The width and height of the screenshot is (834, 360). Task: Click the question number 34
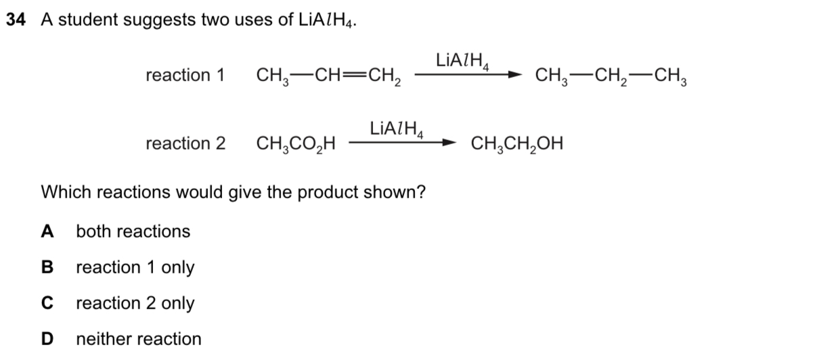click(x=16, y=20)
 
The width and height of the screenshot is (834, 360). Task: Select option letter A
click(x=47, y=231)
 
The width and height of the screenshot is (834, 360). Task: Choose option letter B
click(x=47, y=267)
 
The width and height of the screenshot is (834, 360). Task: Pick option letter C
click(x=47, y=302)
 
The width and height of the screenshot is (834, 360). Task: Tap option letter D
click(x=47, y=339)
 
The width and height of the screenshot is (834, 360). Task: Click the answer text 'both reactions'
click(x=133, y=231)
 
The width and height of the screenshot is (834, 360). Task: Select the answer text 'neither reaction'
click(x=139, y=339)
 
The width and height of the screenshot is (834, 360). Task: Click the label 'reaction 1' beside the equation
click(x=185, y=75)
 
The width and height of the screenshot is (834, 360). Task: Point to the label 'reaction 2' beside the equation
click(x=185, y=143)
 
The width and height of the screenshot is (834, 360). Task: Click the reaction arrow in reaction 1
click(x=468, y=74)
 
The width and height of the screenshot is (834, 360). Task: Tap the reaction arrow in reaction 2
click(x=403, y=142)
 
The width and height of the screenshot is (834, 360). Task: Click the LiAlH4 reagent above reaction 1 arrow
click(x=462, y=61)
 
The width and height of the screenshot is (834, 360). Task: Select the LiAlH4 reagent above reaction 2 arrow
click(x=397, y=129)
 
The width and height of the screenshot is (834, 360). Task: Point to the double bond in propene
click(x=355, y=75)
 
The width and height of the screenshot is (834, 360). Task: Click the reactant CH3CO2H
click(x=296, y=144)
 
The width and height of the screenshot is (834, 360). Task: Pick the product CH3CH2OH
click(x=517, y=144)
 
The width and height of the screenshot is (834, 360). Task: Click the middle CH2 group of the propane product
click(x=611, y=76)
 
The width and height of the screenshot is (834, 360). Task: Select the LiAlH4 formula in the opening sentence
click(x=326, y=20)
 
